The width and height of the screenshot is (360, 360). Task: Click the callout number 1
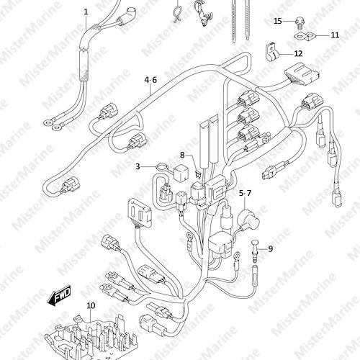[86, 12]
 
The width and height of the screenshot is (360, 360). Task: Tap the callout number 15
[278, 21]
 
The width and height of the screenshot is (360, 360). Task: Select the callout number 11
[335, 35]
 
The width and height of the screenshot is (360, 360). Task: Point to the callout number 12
[298, 53]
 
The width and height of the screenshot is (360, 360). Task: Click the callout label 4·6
[150, 80]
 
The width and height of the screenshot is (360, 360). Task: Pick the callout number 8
[182, 156]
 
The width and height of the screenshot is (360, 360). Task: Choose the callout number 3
[138, 166]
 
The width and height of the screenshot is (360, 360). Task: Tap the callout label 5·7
[245, 193]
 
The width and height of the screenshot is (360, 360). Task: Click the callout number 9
[271, 249]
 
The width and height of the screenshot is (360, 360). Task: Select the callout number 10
[91, 305]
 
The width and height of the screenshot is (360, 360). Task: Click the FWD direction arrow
[59, 295]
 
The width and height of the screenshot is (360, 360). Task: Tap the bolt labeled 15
[299, 22]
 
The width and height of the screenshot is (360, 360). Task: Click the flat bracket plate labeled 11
[305, 36]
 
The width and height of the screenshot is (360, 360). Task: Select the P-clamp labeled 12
[272, 54]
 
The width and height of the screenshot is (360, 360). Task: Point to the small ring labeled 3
[161, 166]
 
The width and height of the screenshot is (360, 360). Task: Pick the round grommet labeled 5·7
[248, 220]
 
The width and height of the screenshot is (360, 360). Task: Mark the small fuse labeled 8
[197, 174]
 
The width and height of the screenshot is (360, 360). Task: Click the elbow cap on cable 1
[131, 12]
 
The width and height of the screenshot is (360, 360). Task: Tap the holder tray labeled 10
[91, 337]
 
